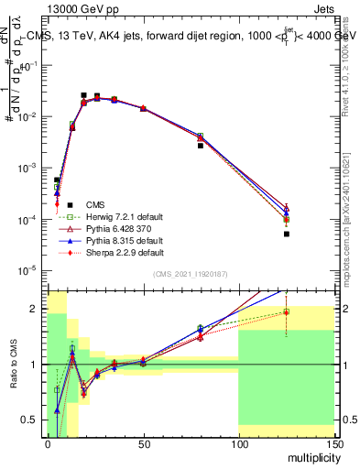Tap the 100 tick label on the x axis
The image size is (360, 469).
[x=238, y=444]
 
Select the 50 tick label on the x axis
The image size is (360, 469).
[x=143, y=444]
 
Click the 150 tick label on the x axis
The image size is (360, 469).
[x=333, y=444]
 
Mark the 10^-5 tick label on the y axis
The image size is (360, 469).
[x=30, y=270]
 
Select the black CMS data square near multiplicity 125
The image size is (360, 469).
[x=286, y=234]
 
